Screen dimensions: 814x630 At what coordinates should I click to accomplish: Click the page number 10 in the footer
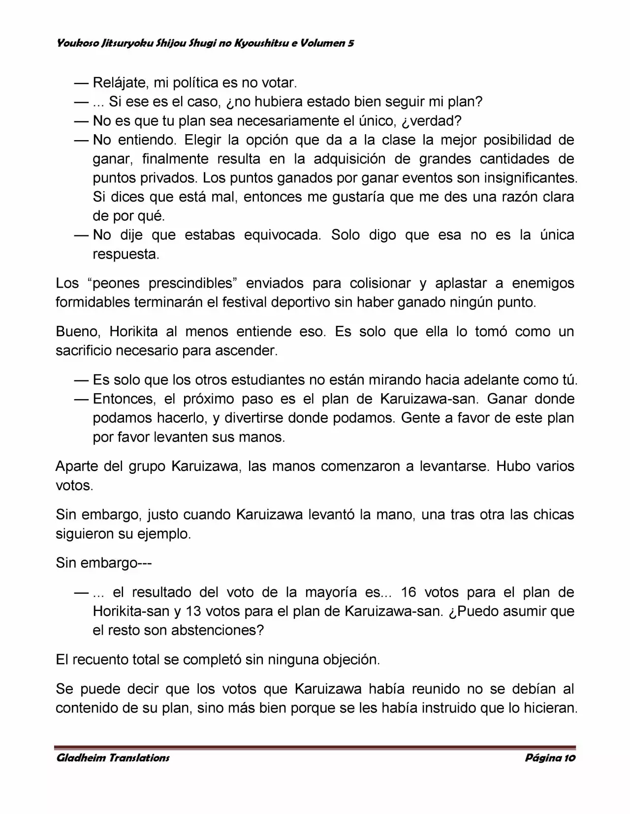point(569,757)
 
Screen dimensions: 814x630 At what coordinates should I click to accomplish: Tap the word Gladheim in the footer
point(80,757)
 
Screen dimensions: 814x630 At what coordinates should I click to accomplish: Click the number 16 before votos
point(409,592)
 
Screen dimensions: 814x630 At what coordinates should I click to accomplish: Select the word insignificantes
point(531,177)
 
